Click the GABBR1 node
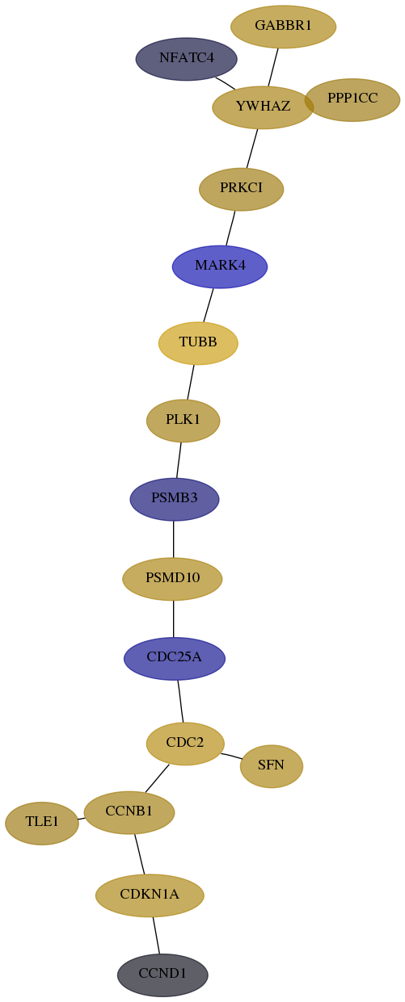click(x=283, y=27)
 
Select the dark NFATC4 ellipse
click(x=187, y=59)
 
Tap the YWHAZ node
click(x=263, y=107)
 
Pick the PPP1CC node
click(x=352, y=99)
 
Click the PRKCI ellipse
click(x=242, y=189)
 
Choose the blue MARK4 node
click(x=220, y=266)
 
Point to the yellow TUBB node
click(x=198, y=343)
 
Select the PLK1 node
click(x=184, y=421)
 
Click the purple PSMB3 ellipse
click(x=175, y=499)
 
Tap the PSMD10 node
click(x=172, y=579)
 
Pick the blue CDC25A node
click(x=175, y=658)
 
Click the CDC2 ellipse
click(x=185, y=744)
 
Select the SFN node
click(x=272, y=766)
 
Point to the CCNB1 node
click(x=129, y=812)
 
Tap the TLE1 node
click(x=42, y=823)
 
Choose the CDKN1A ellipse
click(x=150, y=895)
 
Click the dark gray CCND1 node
click(x=162, y=975)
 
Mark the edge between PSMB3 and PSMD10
click(x=173, y=539)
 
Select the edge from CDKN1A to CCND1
click(x=156, y=935)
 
